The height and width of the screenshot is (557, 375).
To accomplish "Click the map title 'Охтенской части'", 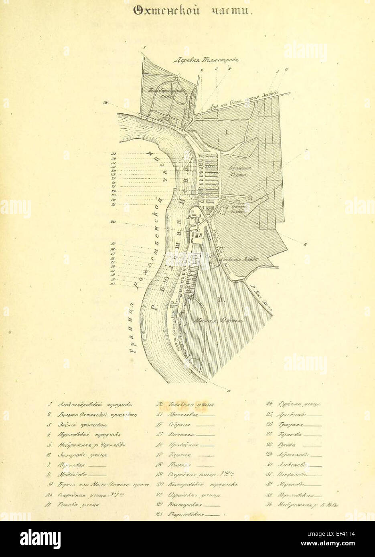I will pos(193,11).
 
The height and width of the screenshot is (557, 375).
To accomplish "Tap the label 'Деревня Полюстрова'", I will pos(205,60).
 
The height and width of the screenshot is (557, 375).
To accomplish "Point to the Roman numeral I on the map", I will pos(226,131).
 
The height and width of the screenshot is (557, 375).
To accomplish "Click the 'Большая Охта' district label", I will pos(235,170).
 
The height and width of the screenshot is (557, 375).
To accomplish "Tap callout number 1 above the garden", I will pos(144,47).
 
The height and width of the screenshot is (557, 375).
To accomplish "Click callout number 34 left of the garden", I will pos(105,103).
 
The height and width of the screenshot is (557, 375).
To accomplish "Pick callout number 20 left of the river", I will pos(114,222).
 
